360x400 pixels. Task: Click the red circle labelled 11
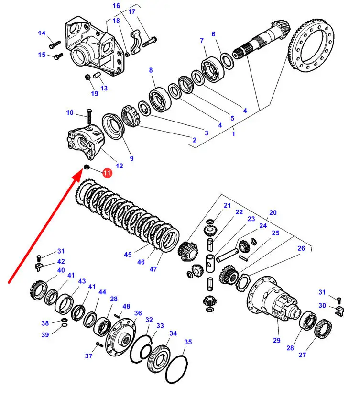(x=107, y=173)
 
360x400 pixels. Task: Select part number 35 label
(x=188, y=342)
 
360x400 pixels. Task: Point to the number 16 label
(x=116, y=6)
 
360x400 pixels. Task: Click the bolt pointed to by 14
(x=55, y=44)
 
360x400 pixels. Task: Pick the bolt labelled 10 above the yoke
(x=89, y=117)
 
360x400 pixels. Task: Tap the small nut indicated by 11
(x=87, y=167)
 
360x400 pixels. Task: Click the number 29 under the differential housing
(x=277, y=340)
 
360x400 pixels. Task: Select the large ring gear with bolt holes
(x=311, y=45)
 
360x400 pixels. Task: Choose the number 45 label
(x=128, y=255)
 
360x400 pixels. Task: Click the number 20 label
(x=273, y=212)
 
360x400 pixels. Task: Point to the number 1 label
(x=233, y=133)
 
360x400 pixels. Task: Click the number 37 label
(x=88, y=356)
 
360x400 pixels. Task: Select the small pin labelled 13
(x=97, y=76)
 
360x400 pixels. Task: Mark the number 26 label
(x=301, y=248)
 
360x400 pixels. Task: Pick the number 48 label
(x=126, y=306)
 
